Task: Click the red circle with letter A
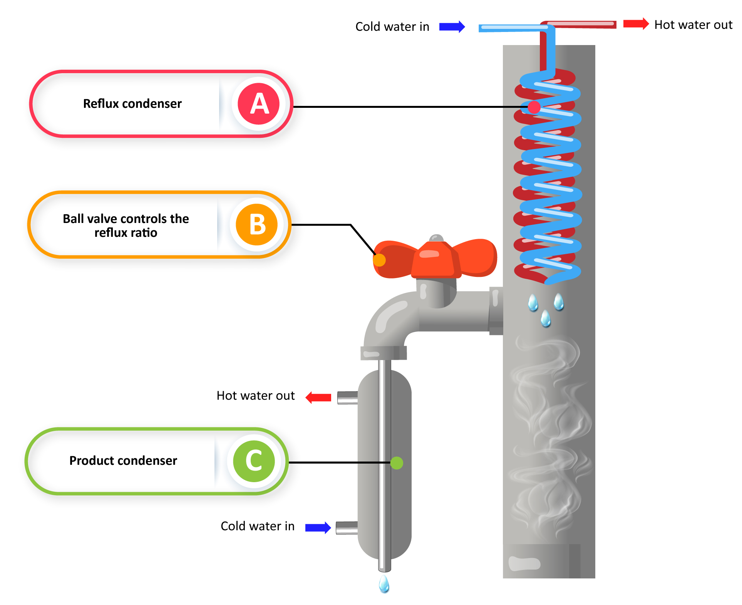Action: (x=258, y=104)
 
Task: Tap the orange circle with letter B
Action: (x=256, y=225)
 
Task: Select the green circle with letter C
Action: (x=254, y=461)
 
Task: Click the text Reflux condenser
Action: (x=132, y=104)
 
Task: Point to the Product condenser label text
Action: (x=123, y=461)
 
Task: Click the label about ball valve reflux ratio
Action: (x=126, y=226)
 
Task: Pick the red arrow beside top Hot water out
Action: (x=636, y=24)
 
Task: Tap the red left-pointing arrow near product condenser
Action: (x=318, y=397)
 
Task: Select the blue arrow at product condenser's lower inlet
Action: (x=318, y=527)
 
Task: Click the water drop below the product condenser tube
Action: (x=384, y=584)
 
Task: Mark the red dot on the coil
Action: (x=534, y=107)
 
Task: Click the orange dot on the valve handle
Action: (x=379, y=260)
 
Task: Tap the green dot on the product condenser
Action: (x=397, y=463)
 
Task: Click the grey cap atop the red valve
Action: (x=436, y=238)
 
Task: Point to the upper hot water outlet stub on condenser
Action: (x=347, y=397)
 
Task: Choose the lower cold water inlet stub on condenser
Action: (x=347, y=528)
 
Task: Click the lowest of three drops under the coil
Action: (x=545, y=318)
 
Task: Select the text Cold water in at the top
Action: (x=392, y=27)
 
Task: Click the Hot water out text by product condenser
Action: (x=255, y=396)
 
